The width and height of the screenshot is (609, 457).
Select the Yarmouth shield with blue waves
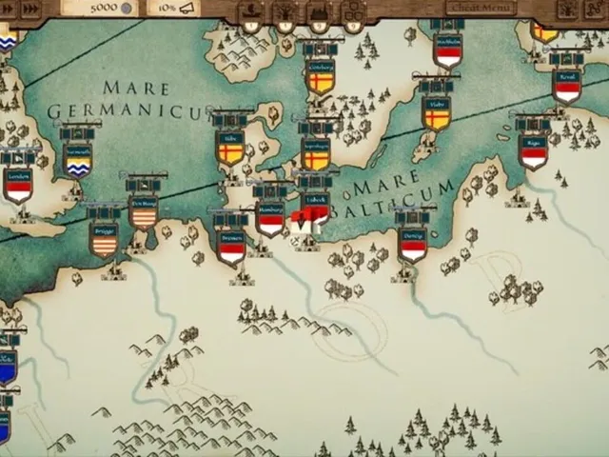pos(78,160)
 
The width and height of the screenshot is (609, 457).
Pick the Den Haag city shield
pos(144,213)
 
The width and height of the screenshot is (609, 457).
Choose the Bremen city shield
pos(231,248)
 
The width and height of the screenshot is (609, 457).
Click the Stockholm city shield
pos(447,51)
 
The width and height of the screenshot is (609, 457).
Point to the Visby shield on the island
pos(437,114)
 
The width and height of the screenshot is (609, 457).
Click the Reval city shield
pos(567,87)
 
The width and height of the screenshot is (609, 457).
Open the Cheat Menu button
pos(481,8)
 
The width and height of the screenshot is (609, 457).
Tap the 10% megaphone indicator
pos(177,9)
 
